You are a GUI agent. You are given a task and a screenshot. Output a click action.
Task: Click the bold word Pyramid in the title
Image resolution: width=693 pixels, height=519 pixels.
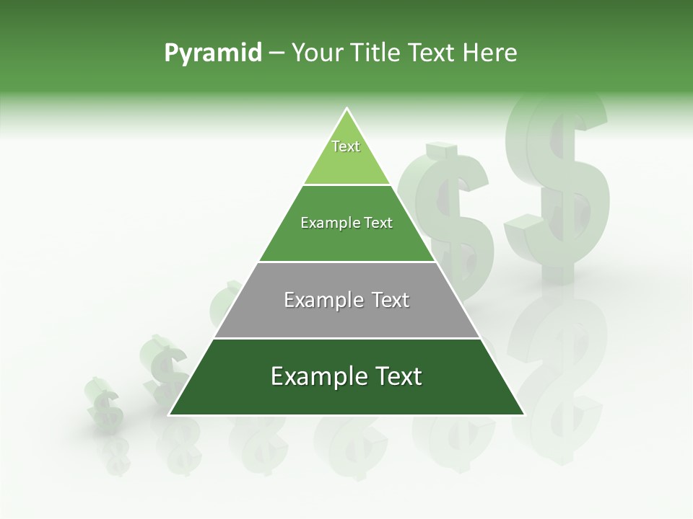coord(213,53)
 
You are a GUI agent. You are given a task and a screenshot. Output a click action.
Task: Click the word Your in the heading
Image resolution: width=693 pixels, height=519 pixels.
coord(317,53)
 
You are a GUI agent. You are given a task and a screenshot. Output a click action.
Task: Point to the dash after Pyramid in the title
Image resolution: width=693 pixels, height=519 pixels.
coord(276,53)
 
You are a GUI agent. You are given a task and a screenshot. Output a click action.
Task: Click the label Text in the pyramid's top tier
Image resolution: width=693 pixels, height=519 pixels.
coord(346,146)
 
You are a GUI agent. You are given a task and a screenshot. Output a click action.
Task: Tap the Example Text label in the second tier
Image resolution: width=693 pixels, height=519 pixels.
coord(346,223)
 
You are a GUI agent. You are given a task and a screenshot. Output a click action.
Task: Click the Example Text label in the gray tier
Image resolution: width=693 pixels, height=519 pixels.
coord(346,300)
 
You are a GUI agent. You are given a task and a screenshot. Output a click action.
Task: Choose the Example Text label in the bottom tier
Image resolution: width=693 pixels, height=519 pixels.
coord(346,376)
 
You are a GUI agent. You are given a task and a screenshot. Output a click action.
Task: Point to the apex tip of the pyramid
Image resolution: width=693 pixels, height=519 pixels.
coord(346,109)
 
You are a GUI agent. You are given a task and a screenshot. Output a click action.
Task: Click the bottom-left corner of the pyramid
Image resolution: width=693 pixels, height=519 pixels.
coord(170,414)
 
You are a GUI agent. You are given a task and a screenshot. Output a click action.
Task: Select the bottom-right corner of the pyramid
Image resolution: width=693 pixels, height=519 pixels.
coord(523,414)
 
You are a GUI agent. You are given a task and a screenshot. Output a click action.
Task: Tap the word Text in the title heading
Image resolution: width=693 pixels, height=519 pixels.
coord(432,53)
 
